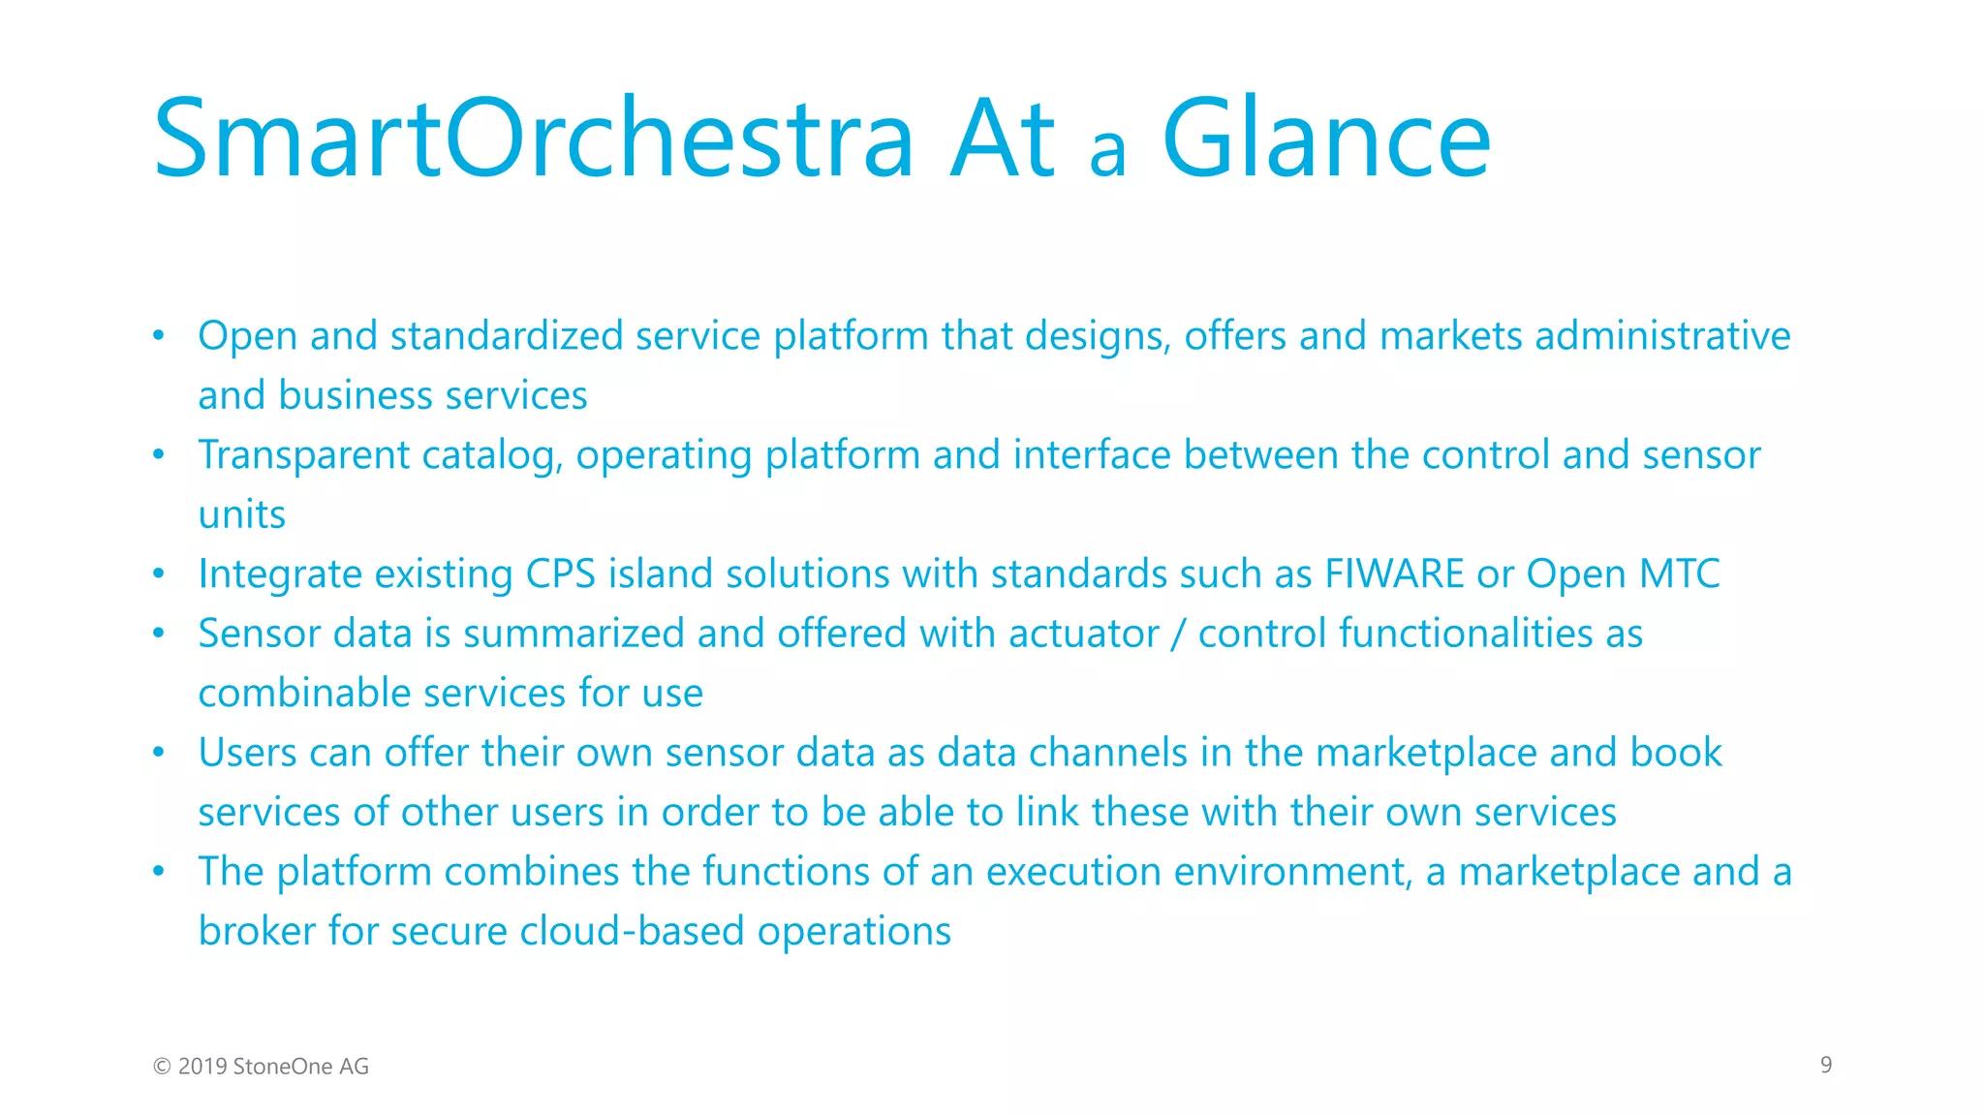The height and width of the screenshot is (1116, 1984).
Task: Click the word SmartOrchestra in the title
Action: (533, 140)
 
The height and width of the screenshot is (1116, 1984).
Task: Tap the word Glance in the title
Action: (1325, 140)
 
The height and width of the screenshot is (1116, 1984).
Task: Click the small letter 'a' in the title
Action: (1107, 152)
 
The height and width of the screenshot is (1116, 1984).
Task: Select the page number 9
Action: (1825, 1065)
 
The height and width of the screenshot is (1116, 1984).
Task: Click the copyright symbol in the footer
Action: (162, 1067)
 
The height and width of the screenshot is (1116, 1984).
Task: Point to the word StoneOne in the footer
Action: (282, 1067)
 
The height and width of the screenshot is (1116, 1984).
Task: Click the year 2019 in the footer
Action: (202, 1067)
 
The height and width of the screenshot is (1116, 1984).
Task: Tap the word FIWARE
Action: (1394, 573)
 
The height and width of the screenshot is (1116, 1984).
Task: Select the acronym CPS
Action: (560, 573)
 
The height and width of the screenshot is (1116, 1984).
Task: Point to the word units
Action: (241, 514)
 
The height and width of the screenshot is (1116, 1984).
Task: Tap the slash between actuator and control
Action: (1178, 635)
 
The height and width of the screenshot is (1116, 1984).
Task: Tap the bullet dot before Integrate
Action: (159, 573)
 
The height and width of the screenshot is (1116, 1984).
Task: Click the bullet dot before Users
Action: (159, 753)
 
